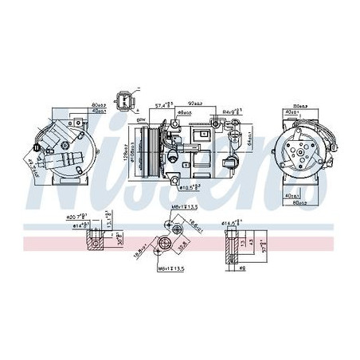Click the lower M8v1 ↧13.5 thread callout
(x=170, y=269)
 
